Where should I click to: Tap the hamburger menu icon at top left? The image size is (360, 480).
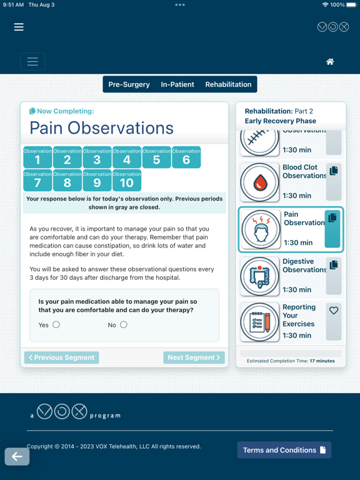tap(19, 27)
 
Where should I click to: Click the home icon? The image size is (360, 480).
tap(330, 61)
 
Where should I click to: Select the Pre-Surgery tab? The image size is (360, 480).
tap(129, 84)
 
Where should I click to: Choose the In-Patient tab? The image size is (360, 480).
tap(177, 84)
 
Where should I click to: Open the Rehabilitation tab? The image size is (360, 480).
tap(228, 84)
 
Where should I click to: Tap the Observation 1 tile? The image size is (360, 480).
tap(37, 157)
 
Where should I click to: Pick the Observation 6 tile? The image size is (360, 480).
tap(186, 157)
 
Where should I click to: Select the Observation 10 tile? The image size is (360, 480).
tap(127, 180)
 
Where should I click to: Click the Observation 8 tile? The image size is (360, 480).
tap(67, 180)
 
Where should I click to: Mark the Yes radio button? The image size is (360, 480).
tap(56, 324)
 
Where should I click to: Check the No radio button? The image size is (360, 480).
tap(124, 324)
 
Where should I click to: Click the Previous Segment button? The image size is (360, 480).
tap(62, 357)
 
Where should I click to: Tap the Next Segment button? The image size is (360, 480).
tap(194, 357)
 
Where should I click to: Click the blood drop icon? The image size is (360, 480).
tap(260, 182)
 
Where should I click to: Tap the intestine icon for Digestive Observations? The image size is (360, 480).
tap(260, 276)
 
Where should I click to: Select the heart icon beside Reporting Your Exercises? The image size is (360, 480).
tap(334, 311)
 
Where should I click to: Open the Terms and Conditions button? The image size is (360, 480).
tap(284, 450)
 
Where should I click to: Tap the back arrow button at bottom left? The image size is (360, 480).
tap(17, 456)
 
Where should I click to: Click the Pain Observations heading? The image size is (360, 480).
tap(102, 128)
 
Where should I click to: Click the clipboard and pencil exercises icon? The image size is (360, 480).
tap(260, 322)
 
